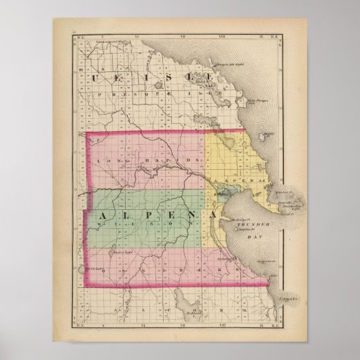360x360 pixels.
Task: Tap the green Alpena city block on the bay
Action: [x=219, y=195]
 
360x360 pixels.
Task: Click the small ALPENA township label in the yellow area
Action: [x=235, y=182]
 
